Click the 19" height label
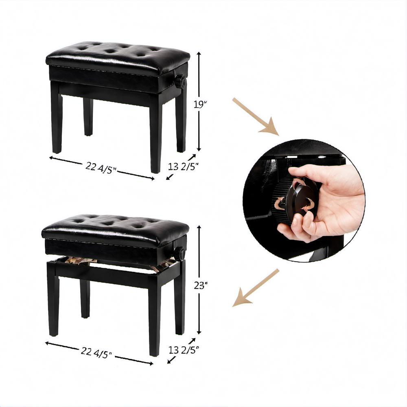[200, 104]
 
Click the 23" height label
[201, 286]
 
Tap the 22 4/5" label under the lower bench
[96, 352]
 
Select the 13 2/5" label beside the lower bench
[184, 350]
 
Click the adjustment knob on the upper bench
[180, 81]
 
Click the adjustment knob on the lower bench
[179, 253]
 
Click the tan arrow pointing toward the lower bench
[256, 288]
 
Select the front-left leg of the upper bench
[56, 117]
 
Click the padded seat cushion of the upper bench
[118, 58]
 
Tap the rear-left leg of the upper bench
[88, 116]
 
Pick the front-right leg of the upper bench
[156, 135]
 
